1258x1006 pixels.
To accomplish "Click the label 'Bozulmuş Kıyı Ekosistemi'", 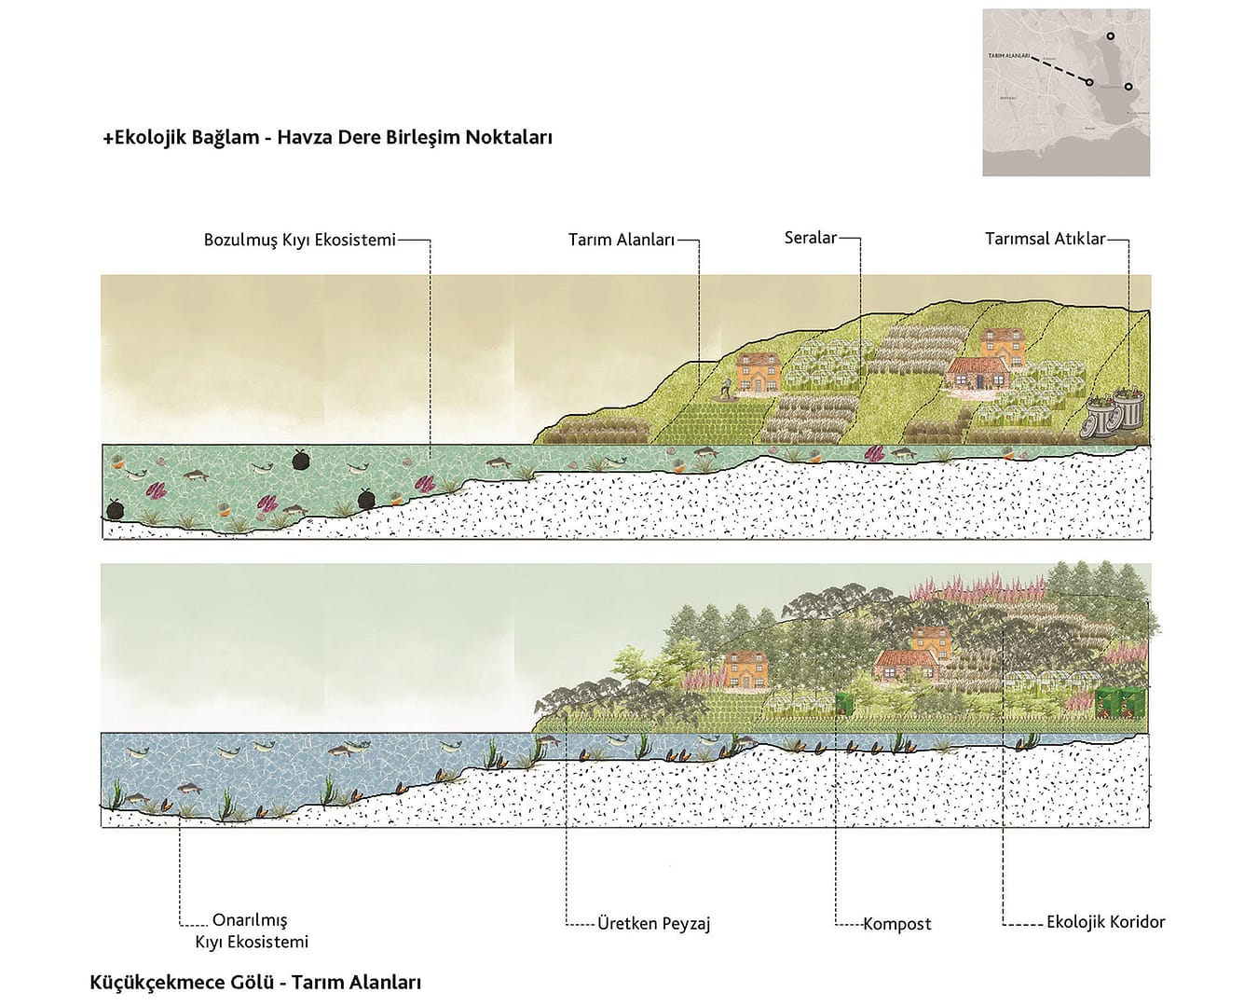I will point(299,241).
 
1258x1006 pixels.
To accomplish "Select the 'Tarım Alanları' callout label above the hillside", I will point(621,241).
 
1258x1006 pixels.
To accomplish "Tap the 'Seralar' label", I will point(810,238).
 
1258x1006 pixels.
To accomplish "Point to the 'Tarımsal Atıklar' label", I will point(1045,239).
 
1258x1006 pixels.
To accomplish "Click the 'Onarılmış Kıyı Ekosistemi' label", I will point(251,931).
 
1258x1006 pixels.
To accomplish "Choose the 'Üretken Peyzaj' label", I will point(653,924).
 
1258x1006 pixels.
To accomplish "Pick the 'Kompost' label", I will point(896,924).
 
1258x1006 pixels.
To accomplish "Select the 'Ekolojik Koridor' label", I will point(1105,922).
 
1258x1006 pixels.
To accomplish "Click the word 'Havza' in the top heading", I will point(305,137).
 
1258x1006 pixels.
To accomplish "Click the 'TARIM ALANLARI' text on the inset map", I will point(1008,56).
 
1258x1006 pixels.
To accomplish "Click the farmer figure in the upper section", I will point(727,389).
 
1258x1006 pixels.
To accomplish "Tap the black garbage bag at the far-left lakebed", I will point(114,508).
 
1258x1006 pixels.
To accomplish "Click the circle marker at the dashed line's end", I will point(1088,82).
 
